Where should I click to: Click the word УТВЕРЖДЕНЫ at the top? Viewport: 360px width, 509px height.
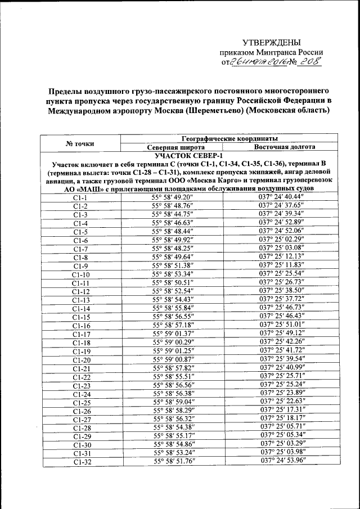[x=271, y=43]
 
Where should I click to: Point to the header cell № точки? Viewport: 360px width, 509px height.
[x=80, y=142]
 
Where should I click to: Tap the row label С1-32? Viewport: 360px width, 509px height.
[x=81, y=461]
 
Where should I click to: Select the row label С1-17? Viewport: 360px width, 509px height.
[x=81, y=334]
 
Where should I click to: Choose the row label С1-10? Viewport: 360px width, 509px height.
[x=81, y=274]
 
